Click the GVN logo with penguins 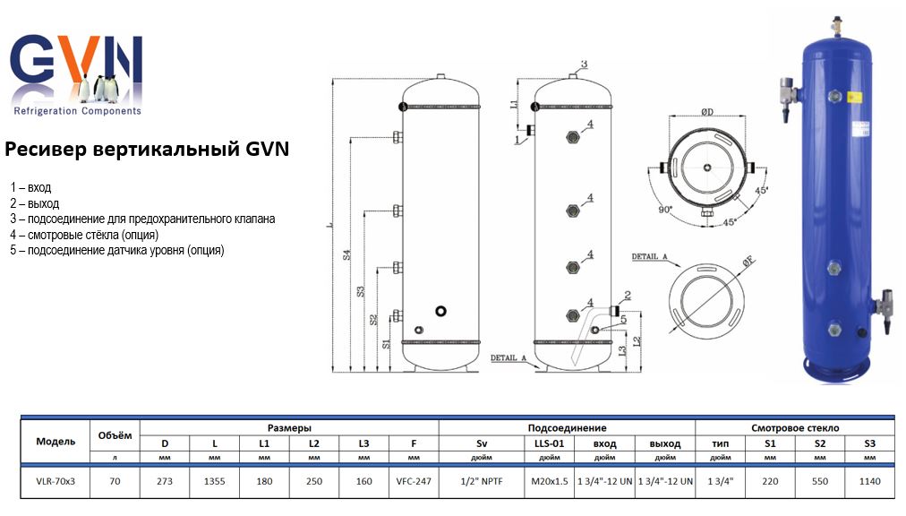click(x=76, y=76)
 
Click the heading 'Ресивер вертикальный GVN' click(x=147, y=148)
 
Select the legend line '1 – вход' click(x=30, y=187)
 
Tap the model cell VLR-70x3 click(x=56, y=481)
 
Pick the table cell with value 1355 click(x=215, y=481)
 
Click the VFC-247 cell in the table click(x=414, y=481)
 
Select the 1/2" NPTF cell click(x=481, y=481)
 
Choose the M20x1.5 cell click(x=550, y=481)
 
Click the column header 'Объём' click(x=114, y=435)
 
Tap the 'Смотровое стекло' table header click(x=795, y=428)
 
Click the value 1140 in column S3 click(x=869, y=481)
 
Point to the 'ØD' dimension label click(x=706, y=112)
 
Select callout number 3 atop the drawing click(x=583, y=64)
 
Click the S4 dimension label click(x=347, y=254)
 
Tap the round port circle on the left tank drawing click(x=440, y=311)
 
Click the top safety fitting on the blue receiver click(x=836, y=24)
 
